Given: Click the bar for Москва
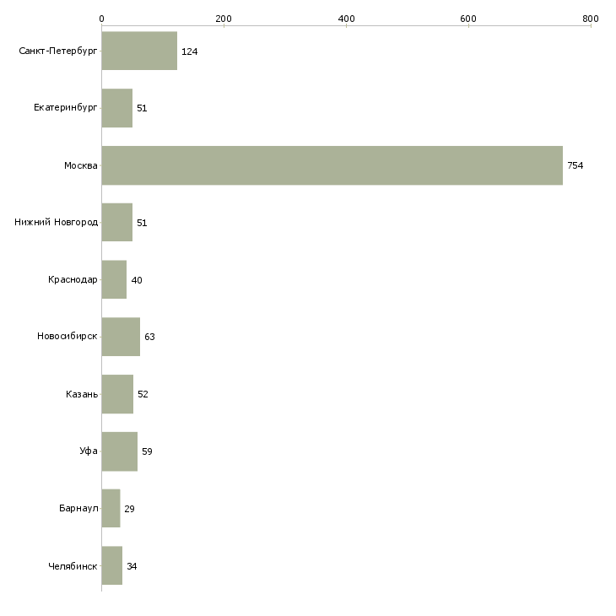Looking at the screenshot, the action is pyautogui.click(x=332, y=165).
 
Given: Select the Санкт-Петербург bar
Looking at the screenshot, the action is pyautogui.click(x=139, y=51).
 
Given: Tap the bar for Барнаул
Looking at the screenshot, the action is pyautogui.click(x=111, y=508).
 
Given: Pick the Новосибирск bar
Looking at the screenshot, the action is pyautogui.click(x=121, y=337).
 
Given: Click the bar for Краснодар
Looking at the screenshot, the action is pyautogui.click(x=114, y=279).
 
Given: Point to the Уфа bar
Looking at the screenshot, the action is pyautogui.click(x=120, y=451).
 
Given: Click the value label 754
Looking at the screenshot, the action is pyautogui.click(x=575, y=165).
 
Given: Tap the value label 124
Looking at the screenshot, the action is pyautogui.click(x=189, y=51).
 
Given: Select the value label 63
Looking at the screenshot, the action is pyautogui.click(x=149, y=337).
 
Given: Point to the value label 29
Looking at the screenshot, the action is pyautogui.click(x=130, y=509).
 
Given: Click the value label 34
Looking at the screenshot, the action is pyautogui.click(x=132, y=566).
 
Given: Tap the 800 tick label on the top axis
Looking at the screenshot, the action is pyautogui.click(x=591, y=19).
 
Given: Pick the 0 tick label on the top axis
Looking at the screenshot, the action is pyautogui.click(x=102, y=19).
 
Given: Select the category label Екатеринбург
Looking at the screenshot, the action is pyautogui.click(x=65, y=108).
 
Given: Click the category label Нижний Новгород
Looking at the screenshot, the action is pyautogui.click(x=57, y=223).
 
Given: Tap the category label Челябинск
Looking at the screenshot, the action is pyautogui.click(x=73, y=566).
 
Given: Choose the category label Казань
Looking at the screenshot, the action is pyautogui.click(x=82, y=394).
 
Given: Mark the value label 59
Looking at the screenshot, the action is pyautogui.click(x=147, y=451).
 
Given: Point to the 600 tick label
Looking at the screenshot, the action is pyautogui.click(x=468, y=19).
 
